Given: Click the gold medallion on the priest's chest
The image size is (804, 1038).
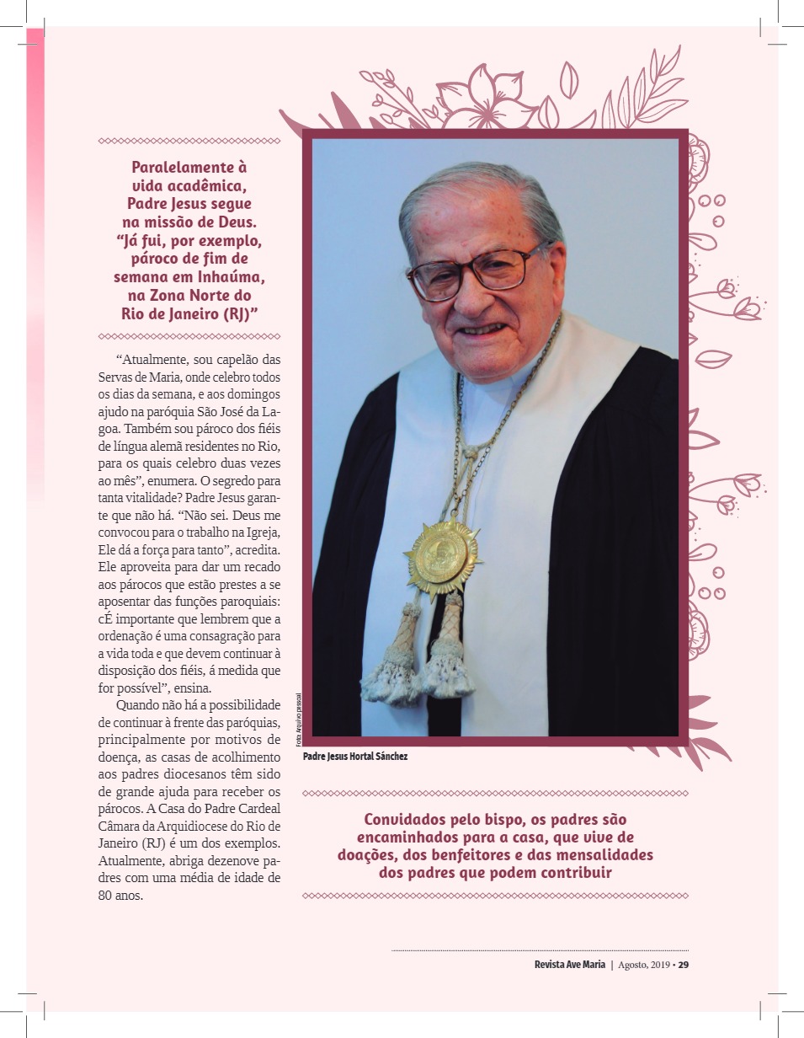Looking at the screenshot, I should [441, 557].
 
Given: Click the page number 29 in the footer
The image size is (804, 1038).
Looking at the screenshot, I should [684, 965].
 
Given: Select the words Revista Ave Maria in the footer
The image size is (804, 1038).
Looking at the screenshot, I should [569, 965].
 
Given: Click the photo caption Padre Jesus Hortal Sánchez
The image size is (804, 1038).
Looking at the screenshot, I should [355, 757].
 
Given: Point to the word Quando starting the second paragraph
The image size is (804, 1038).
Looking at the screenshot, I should [141, 704].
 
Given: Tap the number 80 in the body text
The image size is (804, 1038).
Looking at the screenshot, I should [107, 896].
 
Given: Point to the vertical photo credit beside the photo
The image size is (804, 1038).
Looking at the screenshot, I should [297, 719].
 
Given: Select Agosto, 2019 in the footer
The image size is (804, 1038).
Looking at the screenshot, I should [643, 965].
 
